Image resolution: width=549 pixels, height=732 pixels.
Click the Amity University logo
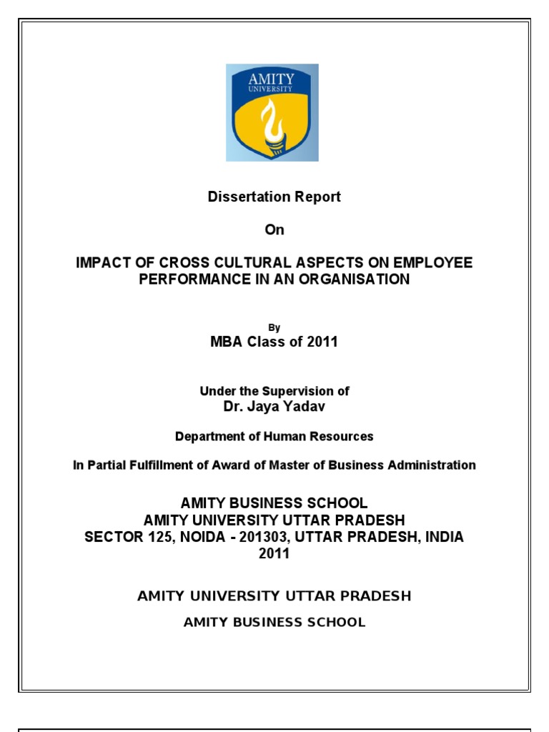pyautogui.click(x=272, y=112)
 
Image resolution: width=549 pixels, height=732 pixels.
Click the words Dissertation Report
pyautogui.click(x=274, y=197)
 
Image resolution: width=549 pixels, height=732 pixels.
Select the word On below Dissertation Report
pyautogui.click(x=274, y=229)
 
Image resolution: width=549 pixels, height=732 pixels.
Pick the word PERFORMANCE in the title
pyautogui.click(x=188, y=280)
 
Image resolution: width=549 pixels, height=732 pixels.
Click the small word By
pyautogui.click(x=274, y=328)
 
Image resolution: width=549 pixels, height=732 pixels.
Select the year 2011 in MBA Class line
pyautogui.click(x=322, y=342)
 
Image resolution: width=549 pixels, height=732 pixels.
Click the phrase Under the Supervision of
pyautogui.click(x=274, y=391)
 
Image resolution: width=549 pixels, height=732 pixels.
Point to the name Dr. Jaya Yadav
pyautogui.click(x=274, y=407)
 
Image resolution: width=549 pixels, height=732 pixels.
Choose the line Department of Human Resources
pyautogui.click(x=274, y=436)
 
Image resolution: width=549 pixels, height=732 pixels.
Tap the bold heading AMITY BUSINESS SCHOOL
pyautogui.click(x=274, y=504)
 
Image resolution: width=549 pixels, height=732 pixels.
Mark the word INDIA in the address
pyautogui.click(x=445, y=538)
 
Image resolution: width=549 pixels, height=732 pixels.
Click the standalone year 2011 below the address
pyautogui.click(x=274, y=554)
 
